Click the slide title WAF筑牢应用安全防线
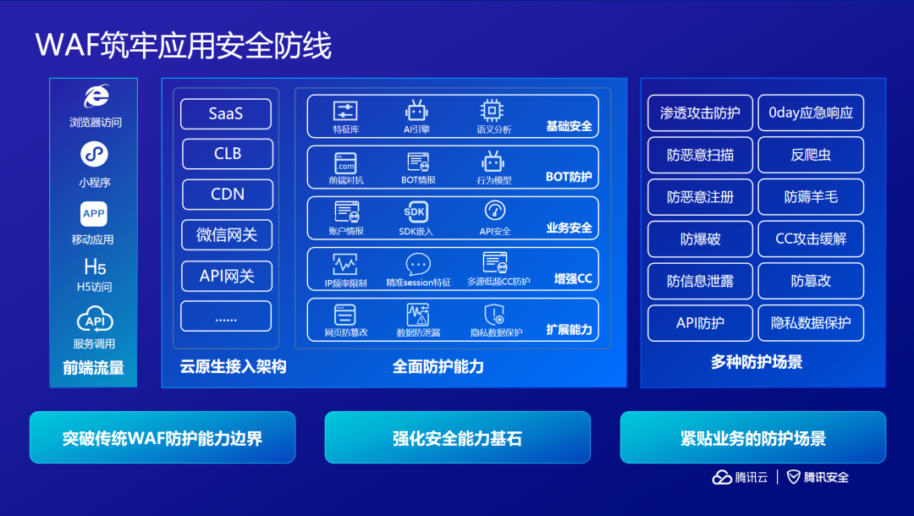point(184,45)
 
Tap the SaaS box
point(226,114)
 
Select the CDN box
point(228,195)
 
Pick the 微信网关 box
point(227,235)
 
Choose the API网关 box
point(227,276)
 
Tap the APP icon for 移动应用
point(94,214)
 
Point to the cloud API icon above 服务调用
point(95,321)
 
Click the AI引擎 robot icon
point(416,111)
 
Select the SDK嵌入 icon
point(416,211)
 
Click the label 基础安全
point(569,127)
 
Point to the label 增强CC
point(573,278)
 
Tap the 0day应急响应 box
point(810,113)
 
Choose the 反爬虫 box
point(810,155)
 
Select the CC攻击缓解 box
point(810,239)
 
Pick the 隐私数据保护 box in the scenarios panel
point(810,322)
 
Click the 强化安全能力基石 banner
point(457,438)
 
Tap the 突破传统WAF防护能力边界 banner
point(162,438)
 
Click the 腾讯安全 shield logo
point(794,477)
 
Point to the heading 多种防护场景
point(757,362)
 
